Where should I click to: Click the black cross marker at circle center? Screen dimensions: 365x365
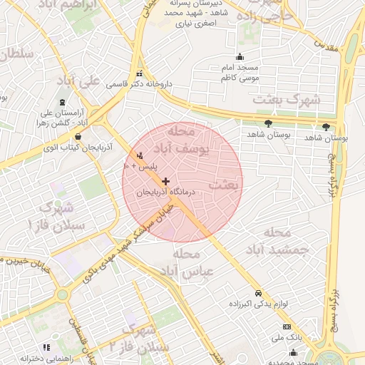(x=166, y=182)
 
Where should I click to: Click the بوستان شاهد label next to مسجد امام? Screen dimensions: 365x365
(x=267, y=134)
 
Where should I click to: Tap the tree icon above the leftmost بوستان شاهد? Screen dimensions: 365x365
(x=267, y=123)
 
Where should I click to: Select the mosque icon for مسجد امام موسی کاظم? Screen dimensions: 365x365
(x=240, y=58)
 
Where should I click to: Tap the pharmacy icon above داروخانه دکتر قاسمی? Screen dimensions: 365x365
(x=140, y=73)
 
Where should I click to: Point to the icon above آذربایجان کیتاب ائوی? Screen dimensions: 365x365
(x=78, y=137)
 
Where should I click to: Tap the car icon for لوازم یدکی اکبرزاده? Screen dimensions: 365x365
(x=258, y=293)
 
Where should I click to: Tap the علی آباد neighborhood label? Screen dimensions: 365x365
(x=89, y=81)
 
